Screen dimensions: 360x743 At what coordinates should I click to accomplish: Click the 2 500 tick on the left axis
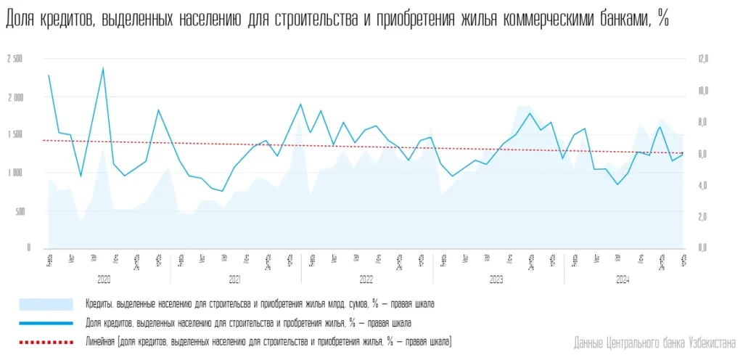(x=15, y=59)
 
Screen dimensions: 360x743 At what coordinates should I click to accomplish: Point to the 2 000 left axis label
(x=15, y=97)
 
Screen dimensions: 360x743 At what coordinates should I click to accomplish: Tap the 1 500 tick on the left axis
(x=15, y=135)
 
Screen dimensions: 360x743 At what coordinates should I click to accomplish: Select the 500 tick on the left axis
(x=19, y=211)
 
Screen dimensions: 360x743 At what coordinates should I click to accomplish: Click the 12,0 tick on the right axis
(x=702, y=59)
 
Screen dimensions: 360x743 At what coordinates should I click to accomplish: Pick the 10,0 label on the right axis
(x=702, y=91)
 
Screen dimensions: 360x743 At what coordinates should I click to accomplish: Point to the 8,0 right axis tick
(x=702, y=122)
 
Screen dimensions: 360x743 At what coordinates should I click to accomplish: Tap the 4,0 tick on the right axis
(x=702, y=185)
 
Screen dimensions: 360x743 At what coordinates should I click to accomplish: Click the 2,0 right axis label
(x=702, y=216)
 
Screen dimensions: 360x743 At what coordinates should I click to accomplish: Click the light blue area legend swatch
(x=46, y=304)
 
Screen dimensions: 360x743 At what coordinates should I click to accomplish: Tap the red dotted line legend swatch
(x=46, y=340)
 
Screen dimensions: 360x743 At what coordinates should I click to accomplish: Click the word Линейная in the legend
(x=101, y=340)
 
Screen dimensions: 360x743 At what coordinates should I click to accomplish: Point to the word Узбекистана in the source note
(x=710, y=342)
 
